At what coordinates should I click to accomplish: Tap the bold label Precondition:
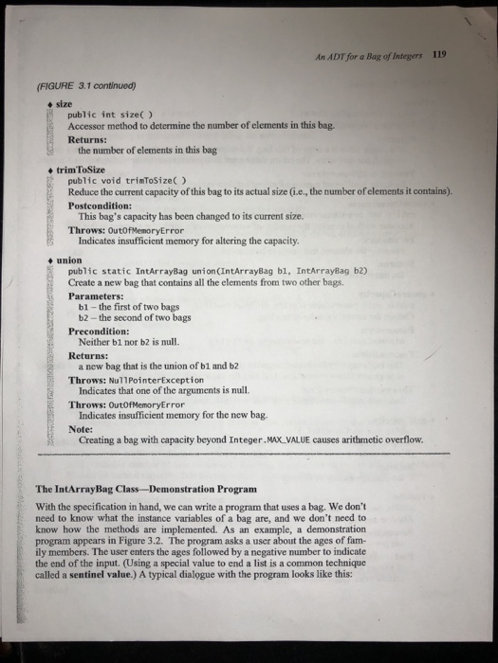tap(103, 332)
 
